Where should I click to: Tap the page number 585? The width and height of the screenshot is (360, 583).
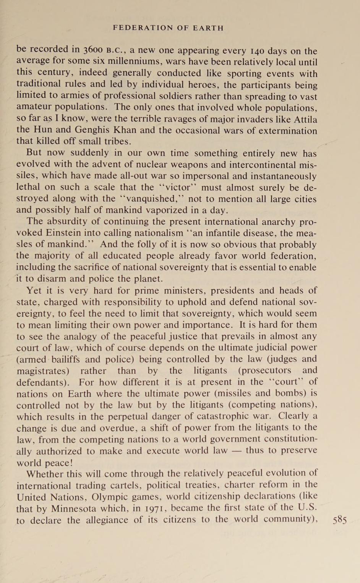[x=340, y=520]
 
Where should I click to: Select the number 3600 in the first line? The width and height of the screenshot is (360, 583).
[x=92, y=50]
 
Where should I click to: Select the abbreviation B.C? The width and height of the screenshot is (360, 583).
[x=116, y=50]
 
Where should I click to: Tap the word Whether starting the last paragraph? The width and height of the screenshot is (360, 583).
[x=45, y=474]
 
